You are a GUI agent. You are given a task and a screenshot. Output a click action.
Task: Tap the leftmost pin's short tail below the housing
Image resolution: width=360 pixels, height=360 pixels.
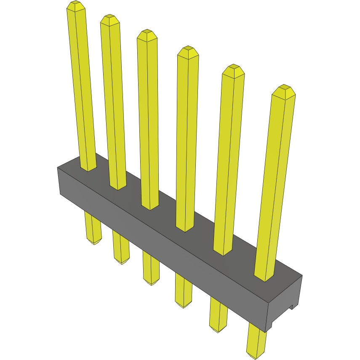[93, 229]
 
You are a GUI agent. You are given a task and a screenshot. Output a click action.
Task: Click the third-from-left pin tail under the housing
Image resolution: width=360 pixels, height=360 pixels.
[151, 269]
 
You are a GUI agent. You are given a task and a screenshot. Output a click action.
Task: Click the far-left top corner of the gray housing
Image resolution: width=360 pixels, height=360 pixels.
[58, 168]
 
